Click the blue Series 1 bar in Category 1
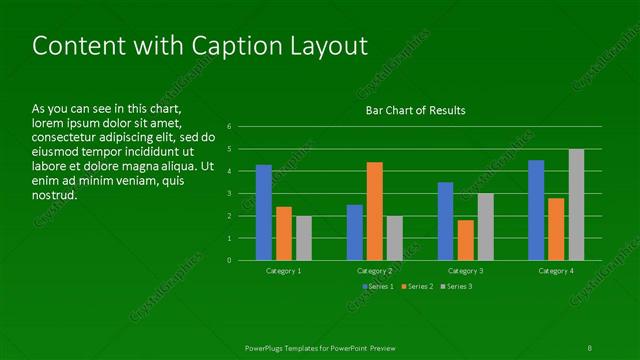tap(264, 213)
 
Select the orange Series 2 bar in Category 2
tap(374, 211)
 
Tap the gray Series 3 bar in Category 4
tap(576, 205)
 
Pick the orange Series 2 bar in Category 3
tap(465, 240)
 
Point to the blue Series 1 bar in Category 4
tap(536, 210)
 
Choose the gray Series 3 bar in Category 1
tap(304, 238)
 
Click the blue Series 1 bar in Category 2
tap(354, 232)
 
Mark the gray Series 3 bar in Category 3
tap(485, 227)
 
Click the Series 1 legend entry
tap(378, 287)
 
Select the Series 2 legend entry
tap(417, 287)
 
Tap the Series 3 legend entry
tap(456, 287)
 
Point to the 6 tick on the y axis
tap(230, 127)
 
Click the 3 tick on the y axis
tap(230, 194)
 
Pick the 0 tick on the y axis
tap(230, 261)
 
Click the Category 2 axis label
tap(374, 271)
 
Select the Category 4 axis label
tap(556, 271)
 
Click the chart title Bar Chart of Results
tap(415, 110)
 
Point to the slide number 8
tap(590, 347)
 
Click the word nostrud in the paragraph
tap(54, 194)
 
